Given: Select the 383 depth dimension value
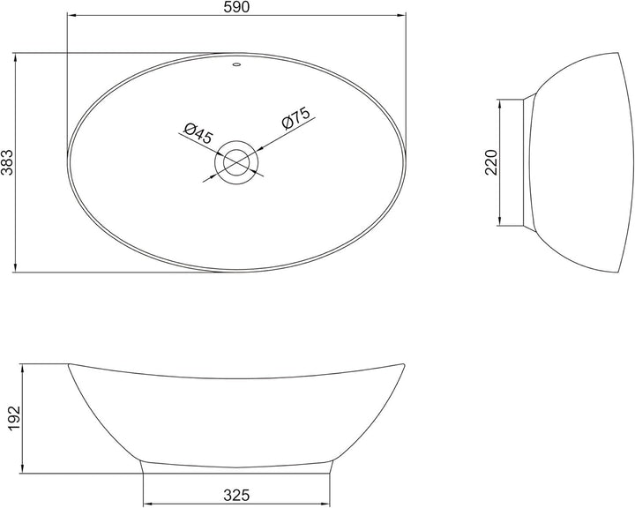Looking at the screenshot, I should coord(8,163).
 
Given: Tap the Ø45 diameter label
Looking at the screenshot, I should coord(199,133).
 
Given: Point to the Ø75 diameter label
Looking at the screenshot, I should coord(295,120).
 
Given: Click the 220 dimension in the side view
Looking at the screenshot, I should coord(491,162).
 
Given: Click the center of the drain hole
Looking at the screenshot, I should coord(236,161).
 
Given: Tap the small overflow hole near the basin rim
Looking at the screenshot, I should coord(236,63).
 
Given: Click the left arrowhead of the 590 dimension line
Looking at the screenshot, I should coord(71,17).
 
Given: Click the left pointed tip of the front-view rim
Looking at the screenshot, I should coord(70,363).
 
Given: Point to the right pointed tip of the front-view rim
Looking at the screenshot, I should coord(404,363).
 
